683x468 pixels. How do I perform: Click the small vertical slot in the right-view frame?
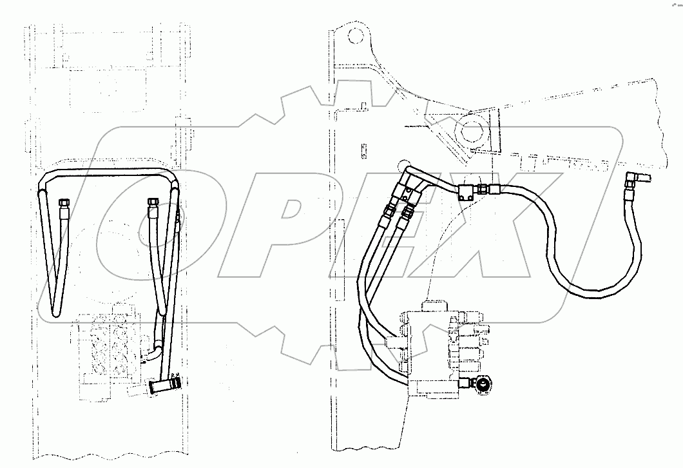point(364,150)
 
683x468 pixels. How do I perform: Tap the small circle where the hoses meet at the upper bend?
point(404,165)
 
